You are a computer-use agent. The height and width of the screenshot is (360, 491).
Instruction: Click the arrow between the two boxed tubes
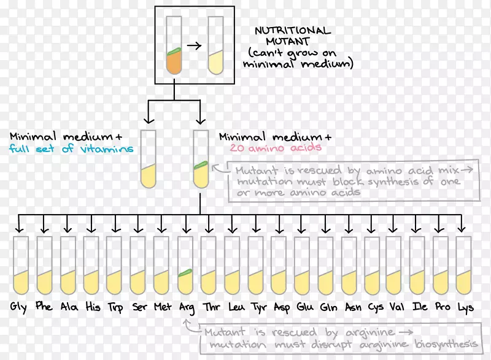tap(195, 45)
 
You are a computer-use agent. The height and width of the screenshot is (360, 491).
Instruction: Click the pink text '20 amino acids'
tap(276, 148)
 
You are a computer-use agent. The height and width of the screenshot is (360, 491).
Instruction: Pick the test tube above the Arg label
tap(185, 266)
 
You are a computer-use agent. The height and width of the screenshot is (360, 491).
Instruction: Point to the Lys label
tap(465, 307)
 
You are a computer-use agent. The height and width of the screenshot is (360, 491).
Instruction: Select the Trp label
tap(115, 307)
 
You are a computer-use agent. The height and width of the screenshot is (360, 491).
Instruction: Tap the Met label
tap(161, 307)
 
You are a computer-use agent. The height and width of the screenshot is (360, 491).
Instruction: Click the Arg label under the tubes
tap(185, 308)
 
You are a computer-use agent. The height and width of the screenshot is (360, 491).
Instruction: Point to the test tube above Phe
tap(44, 266)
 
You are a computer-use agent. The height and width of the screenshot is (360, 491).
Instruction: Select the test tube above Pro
tap(441, 266)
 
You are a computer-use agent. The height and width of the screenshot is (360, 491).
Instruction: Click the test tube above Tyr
tap(255, 266)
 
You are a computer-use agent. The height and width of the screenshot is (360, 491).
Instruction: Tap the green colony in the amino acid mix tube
tap(201, 164)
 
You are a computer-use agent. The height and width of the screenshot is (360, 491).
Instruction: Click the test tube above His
tap(91, 266)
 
